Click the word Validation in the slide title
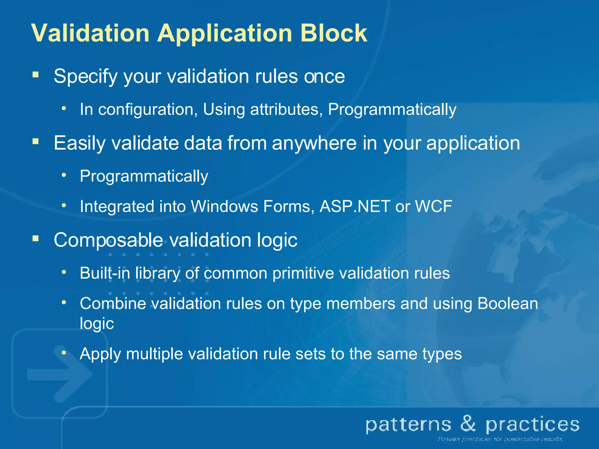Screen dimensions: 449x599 (x=90, y=33)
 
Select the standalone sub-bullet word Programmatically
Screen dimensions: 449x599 (x=144, y=176)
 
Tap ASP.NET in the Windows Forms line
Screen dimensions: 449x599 (x=355, y=206)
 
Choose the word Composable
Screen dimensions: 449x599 (x=108, y=240)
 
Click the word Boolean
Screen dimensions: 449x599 (x=507, y=303)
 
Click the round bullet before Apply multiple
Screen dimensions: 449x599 (x=64, y=353)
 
